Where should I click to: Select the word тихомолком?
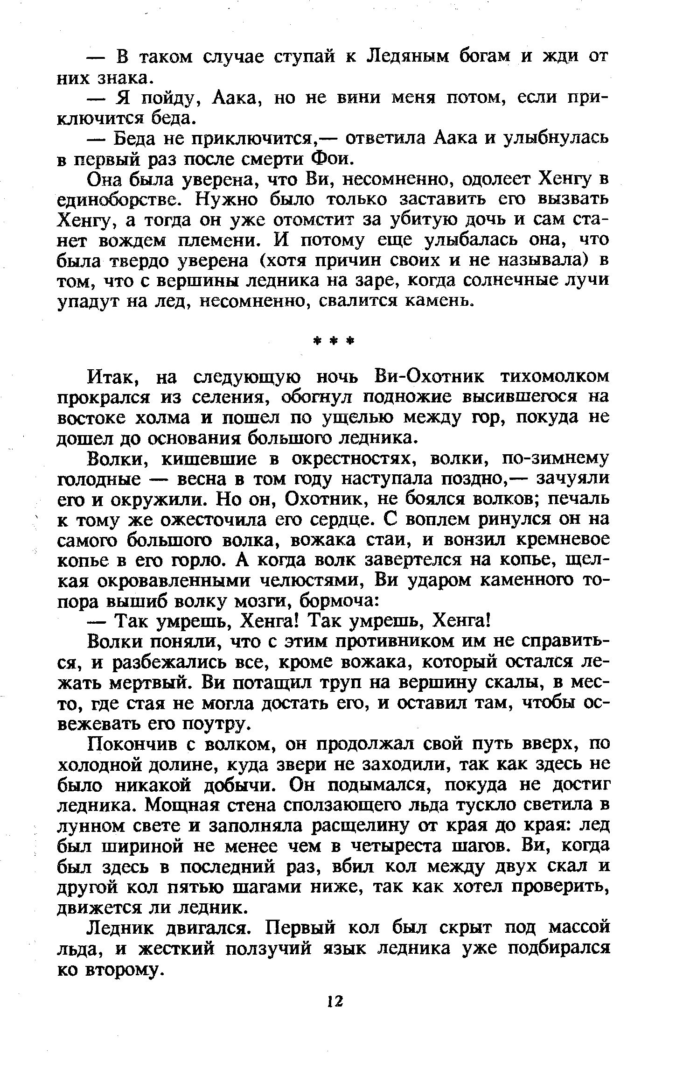[555, 377]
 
